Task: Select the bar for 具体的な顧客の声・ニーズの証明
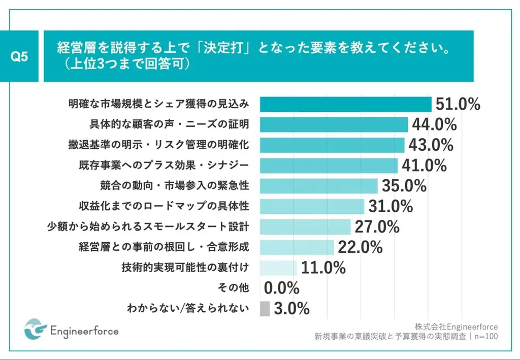coord(334,125)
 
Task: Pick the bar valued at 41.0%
coord(329,166)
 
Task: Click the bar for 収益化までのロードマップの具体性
coord(312,206)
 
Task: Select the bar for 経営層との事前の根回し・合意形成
coord(297,247)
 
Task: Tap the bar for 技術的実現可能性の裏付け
coord(278,268)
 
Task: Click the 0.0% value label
coord(282,288)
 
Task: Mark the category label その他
coord(235,288)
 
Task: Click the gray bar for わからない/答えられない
coord(265,309)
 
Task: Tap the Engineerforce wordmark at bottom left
coord(84,331)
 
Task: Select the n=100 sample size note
coord(484,336)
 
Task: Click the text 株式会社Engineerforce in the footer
coord(456,326)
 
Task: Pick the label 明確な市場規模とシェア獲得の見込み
coord(159,104)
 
